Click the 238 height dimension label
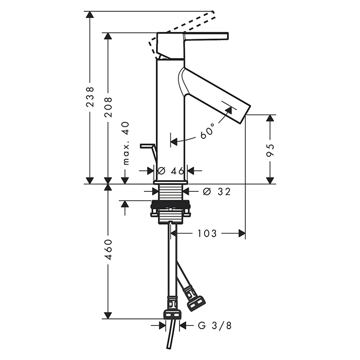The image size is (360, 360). (x=90, y=97)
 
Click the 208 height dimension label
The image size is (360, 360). (x=108, y=107)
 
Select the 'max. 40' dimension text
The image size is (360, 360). (x=126, y=143)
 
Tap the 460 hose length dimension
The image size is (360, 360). (x=108, y=249)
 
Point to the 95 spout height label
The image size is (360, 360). (x=271, y=150)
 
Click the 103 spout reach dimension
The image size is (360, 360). (x=207, y=233)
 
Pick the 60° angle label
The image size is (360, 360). (x=207, y=131)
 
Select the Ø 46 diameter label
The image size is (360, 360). (x=171, y=171)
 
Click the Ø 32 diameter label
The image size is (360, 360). (x=217, y=191)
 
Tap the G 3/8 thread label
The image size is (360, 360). (x=214, y=326)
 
